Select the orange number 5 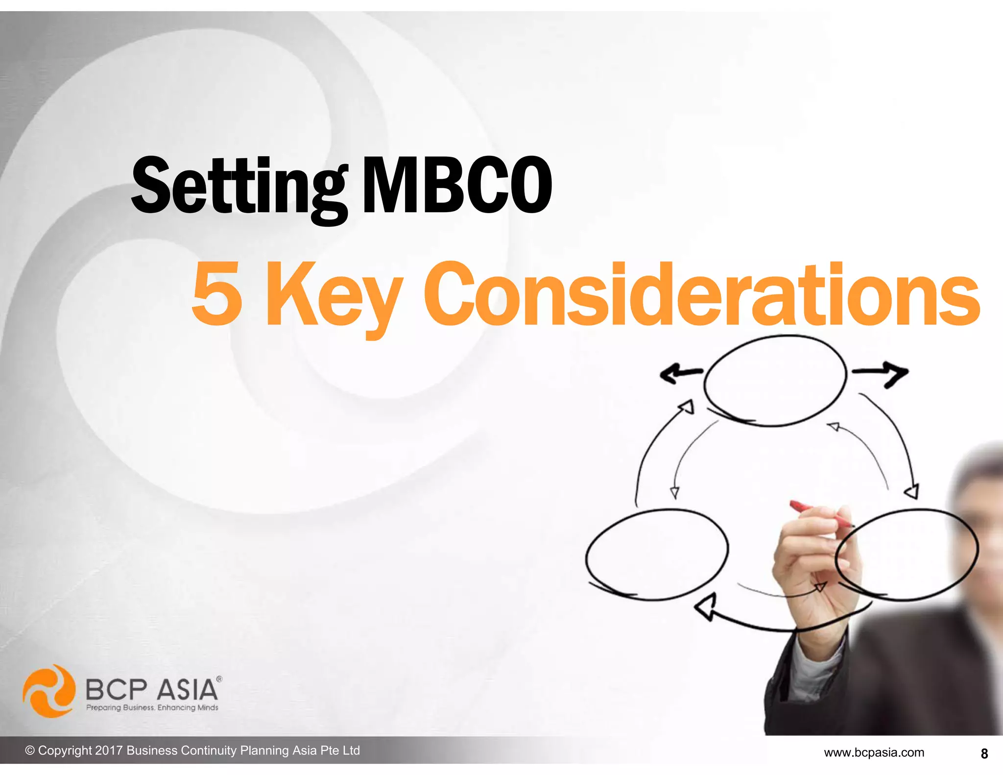[x=217, y=294]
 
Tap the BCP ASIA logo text [x=152, y=690]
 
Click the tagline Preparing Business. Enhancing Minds [x=152, y=707]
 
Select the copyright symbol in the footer [x=30, y=751]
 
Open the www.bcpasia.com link [x=874, y=752]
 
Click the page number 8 [x=984, y=753]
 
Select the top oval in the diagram [x=775, y=381]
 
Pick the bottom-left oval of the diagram [x=656, y=554]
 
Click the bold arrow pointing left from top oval [x=678, y=373]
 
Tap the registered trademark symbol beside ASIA [x=219, y=679]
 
